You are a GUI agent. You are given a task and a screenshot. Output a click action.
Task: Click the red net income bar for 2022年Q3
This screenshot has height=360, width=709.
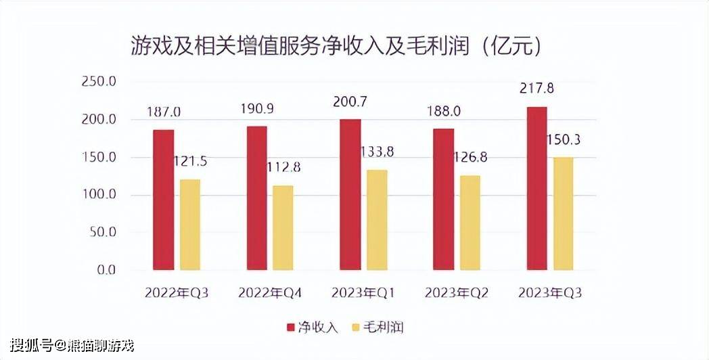coord(164,200)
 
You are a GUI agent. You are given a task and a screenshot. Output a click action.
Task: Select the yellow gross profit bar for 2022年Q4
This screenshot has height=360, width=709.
coord(283,227)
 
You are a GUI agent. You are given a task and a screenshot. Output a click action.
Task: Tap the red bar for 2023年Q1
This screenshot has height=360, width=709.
coord(350,195)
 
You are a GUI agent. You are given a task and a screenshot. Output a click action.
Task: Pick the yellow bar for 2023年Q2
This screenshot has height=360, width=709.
coord(470,223)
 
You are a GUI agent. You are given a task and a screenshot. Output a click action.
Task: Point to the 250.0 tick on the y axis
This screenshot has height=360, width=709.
coord(98,82)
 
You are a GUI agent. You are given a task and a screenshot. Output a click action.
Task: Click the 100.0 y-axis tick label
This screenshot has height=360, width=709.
coord(98,195)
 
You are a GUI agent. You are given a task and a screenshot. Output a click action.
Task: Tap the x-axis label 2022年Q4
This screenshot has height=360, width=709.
coord(270,293)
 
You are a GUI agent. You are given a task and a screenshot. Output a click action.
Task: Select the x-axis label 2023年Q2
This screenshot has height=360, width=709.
coord(457,293)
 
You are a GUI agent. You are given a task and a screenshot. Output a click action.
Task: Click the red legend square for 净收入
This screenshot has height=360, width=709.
coord(291,327)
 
